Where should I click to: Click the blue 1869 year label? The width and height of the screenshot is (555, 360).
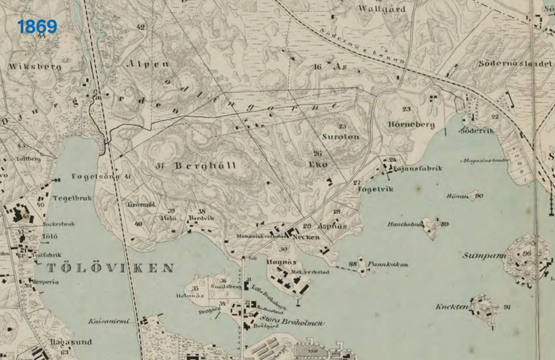[x=37, y=27]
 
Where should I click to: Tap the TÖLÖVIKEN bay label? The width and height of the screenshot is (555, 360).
[x=110, y=267]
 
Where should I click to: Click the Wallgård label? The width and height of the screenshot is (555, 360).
[x=382, y=9]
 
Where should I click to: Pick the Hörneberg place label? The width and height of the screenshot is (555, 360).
[x=411, y=125]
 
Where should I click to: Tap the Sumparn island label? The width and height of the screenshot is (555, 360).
[x=483, y=255]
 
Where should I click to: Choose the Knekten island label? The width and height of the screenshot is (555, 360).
[x=451, y=307]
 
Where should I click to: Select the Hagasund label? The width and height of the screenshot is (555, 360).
[x=71, y=342]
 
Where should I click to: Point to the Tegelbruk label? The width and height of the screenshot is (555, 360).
[x=72, y=198]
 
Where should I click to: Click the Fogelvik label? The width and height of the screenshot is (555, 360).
[x=376, y=189]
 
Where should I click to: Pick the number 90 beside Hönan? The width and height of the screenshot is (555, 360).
[x=479, y=196]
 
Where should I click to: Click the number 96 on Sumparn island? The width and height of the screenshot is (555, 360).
[x=527, y=254]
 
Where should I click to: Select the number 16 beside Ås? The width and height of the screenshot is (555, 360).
[x=318, y=67]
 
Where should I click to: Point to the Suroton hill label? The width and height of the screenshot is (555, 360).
[x=341, y=137]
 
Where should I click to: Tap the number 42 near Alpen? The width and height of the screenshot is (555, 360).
[x=140, y=27]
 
